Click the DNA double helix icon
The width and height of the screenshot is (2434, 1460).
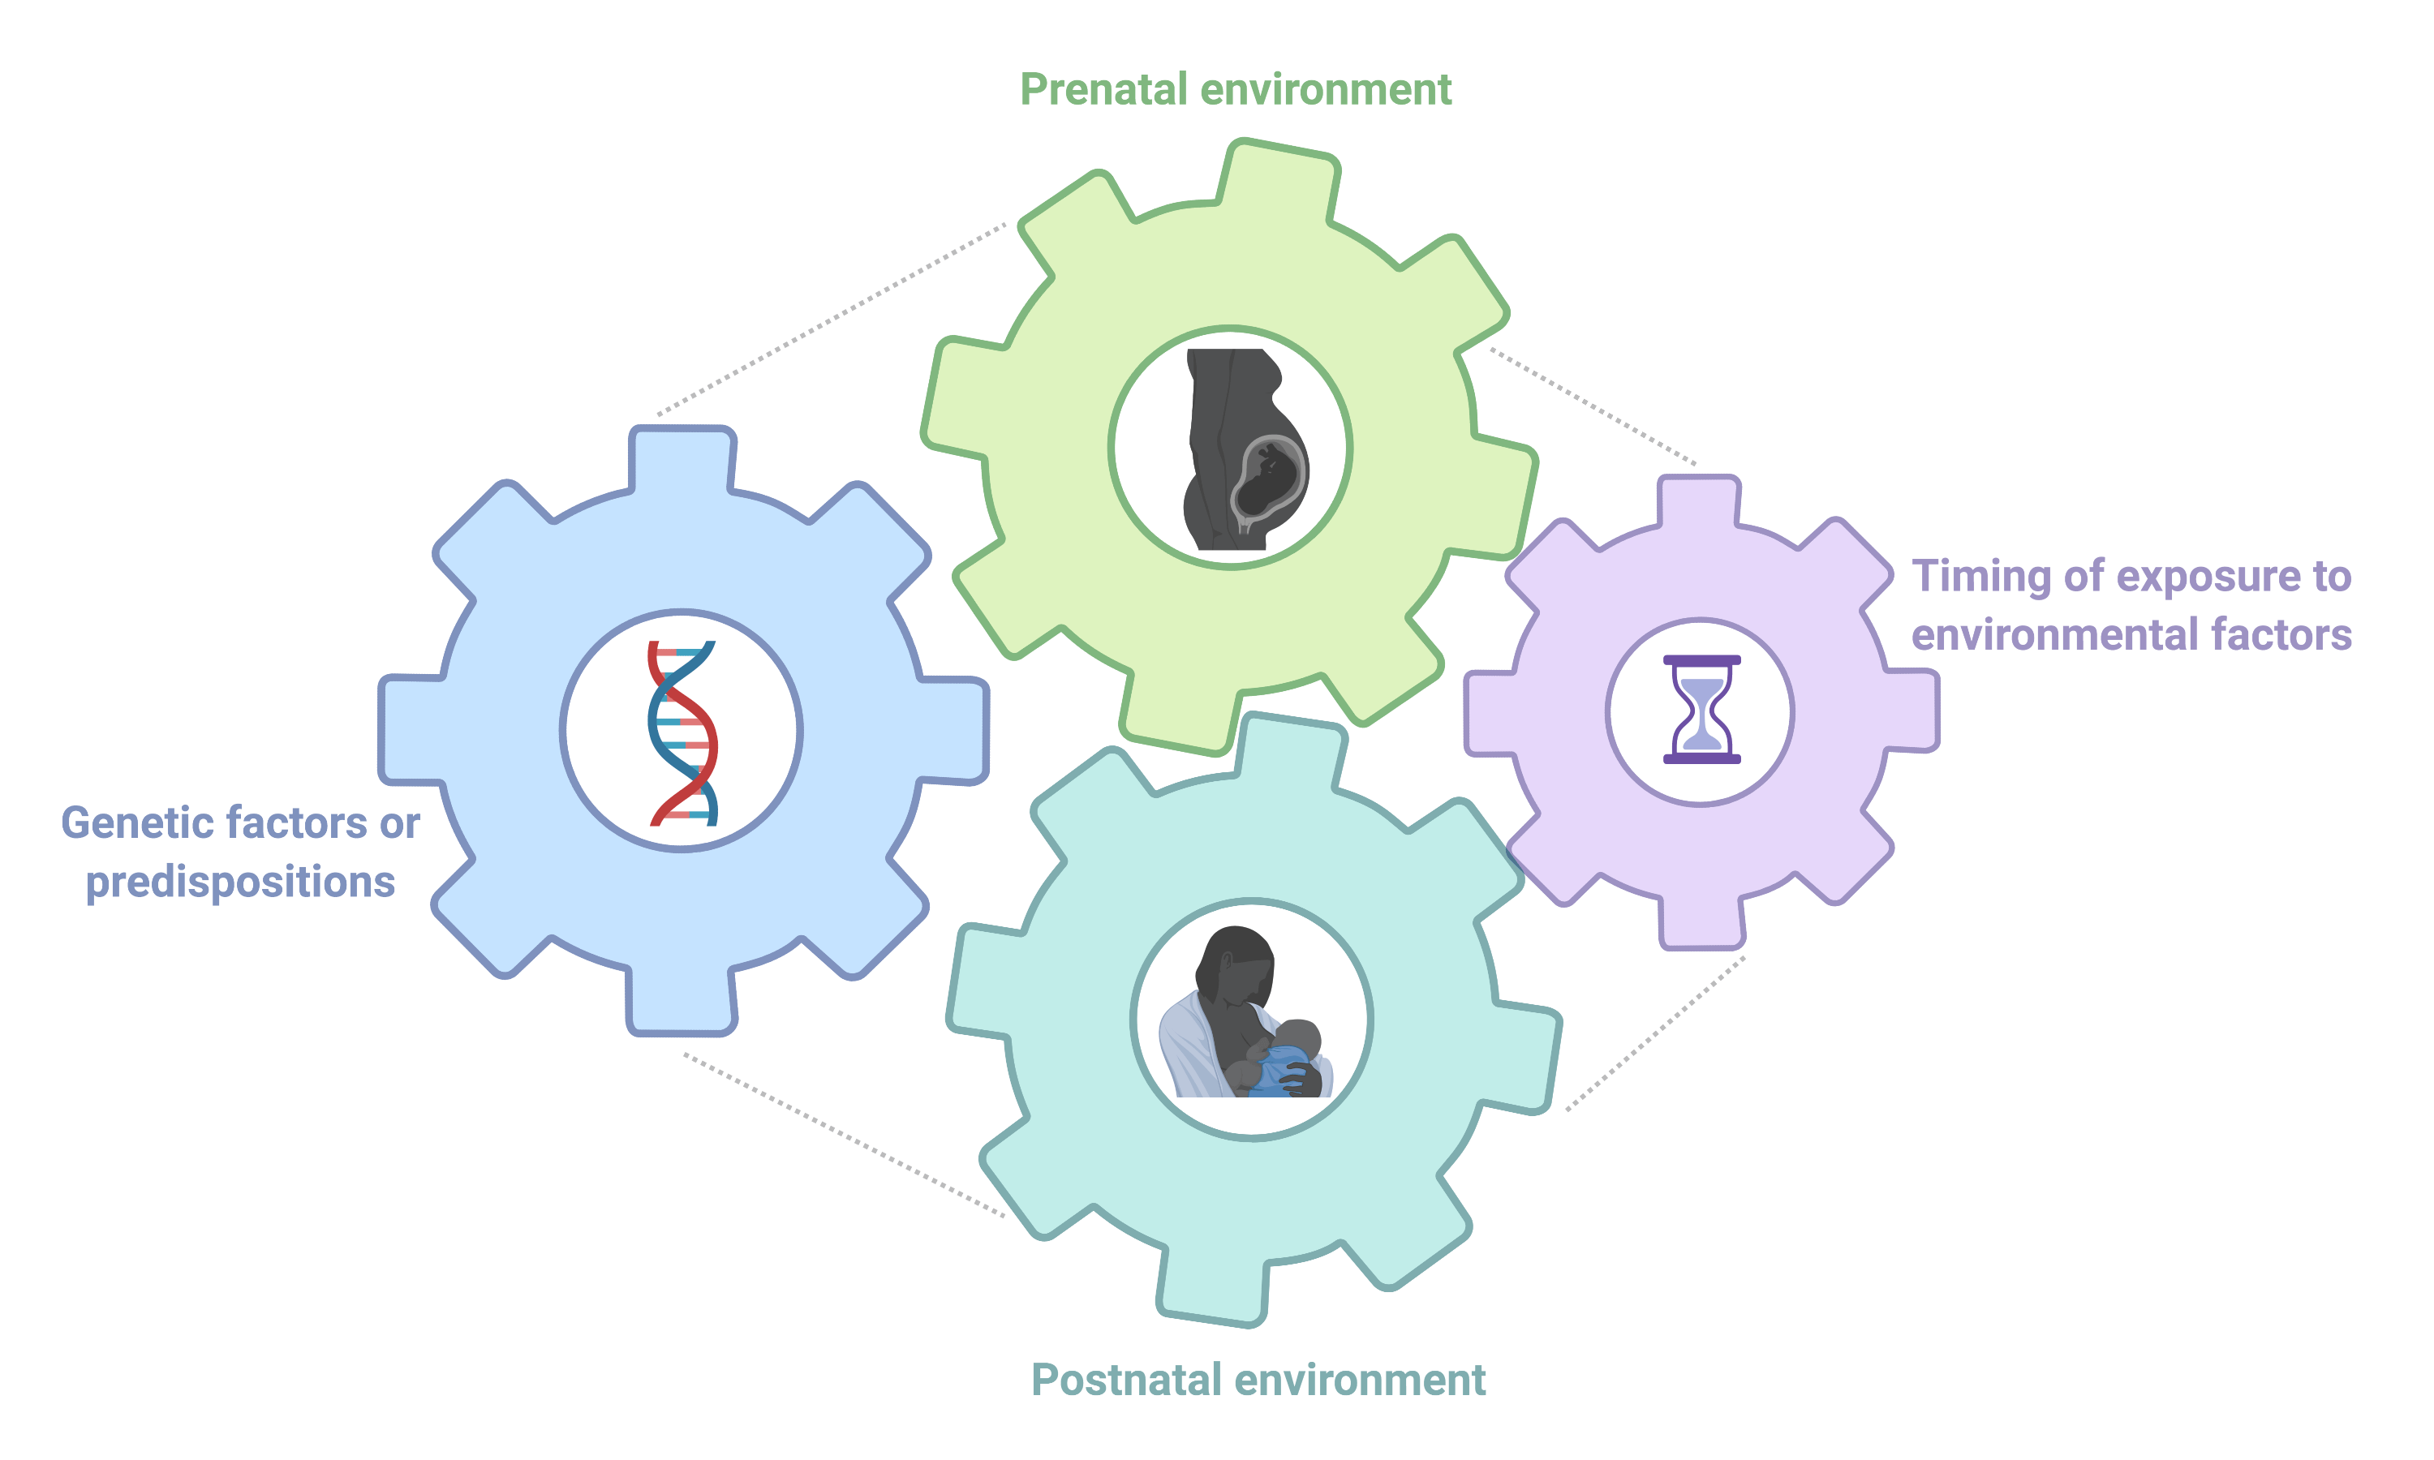click(x=682, y=733)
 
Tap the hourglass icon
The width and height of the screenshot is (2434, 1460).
click(x=1701, y=710)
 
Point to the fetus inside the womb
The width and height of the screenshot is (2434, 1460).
click(x=1268, y=480)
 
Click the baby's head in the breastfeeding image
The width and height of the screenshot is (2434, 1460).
click(x=1297, y=1040)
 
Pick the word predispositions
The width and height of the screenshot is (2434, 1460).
click(x=240, y=882)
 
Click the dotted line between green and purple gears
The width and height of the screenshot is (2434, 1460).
click(x=1593, y=406)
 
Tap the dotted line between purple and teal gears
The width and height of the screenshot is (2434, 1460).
click(x=1656, y=1033)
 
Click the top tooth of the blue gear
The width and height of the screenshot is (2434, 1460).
click(x=682, y=457)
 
